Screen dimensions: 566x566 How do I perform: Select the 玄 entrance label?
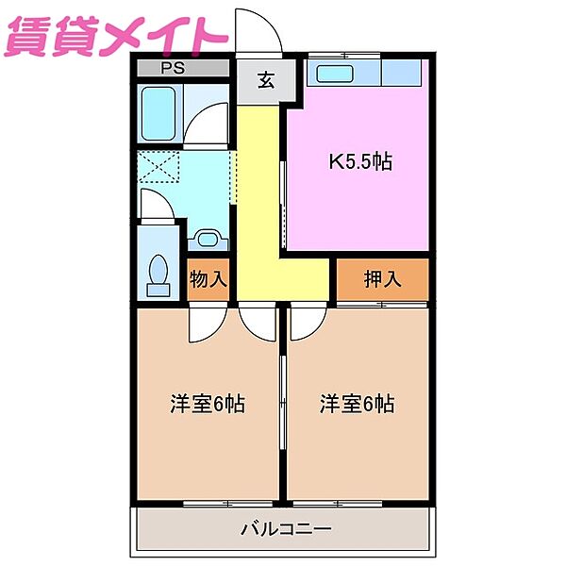(264, 81)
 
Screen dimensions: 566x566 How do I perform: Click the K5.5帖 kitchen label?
(359, 162)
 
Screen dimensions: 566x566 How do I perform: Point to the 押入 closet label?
(383, 279)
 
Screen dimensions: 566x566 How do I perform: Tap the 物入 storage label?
(208, 279)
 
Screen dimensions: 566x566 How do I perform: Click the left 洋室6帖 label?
(208, 404)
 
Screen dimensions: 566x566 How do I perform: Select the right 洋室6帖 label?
(357, 404)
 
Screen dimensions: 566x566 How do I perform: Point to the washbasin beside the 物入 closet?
(208, 238)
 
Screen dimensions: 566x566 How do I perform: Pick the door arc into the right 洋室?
(304, 323)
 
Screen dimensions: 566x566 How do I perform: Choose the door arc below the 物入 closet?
(204, 324)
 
